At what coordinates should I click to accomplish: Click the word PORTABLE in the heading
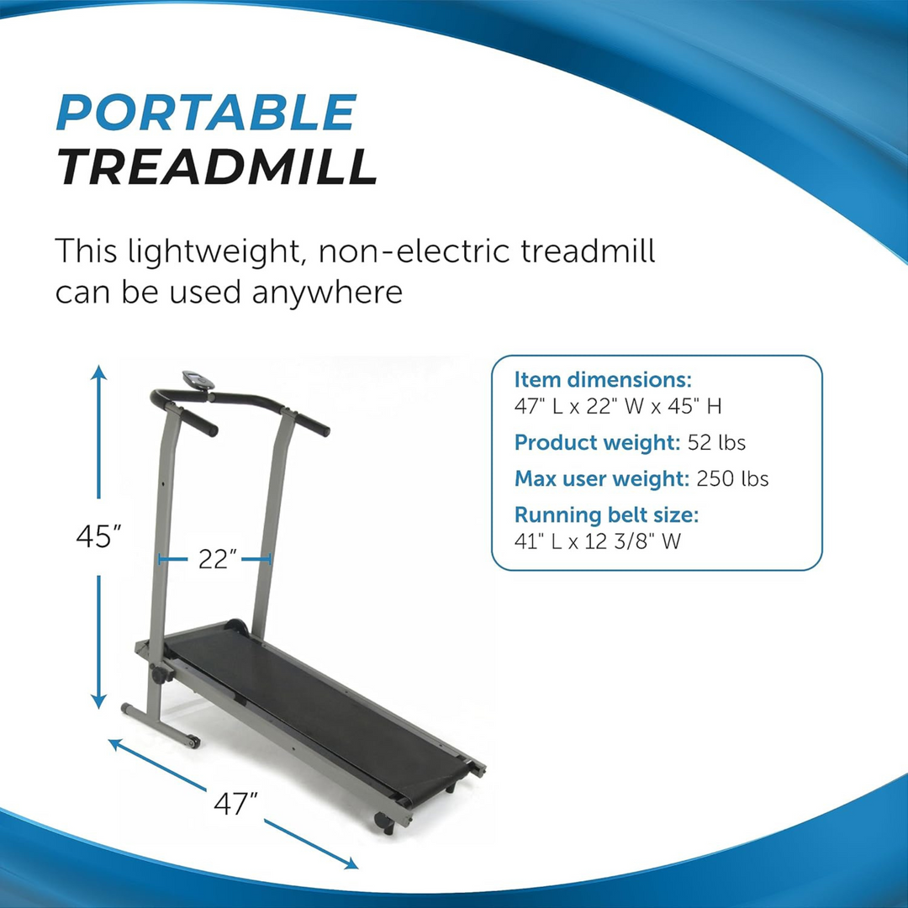click(x=206, y=113)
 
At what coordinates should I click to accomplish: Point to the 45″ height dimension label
click(x=99, y=536)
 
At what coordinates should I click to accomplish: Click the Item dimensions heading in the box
click(x=602, y=379)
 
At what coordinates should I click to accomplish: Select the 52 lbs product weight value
click(x=716, y=442)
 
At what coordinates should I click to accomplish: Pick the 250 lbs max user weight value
click(x=732, y=479)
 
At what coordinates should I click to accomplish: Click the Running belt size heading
click(x=606, y=515)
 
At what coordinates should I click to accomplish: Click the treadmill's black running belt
click(x=319, y=706)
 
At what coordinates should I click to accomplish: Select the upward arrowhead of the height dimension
click(x=99, y=372)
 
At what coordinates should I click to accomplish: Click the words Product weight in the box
click(x=596, y=442)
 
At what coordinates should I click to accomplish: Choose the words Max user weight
click(x=601, y=479)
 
